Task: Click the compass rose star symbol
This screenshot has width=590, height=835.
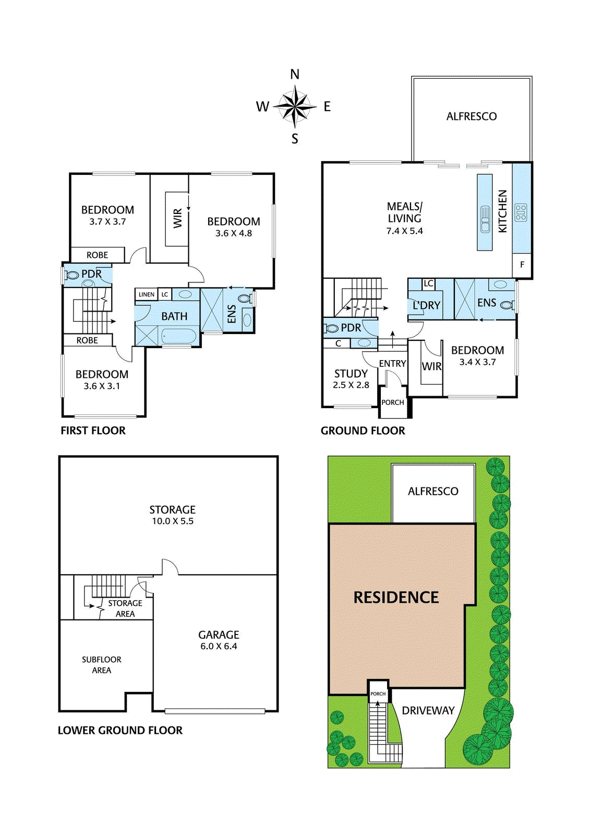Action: coord(295,106)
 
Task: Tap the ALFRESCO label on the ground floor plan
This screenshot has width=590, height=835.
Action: coord(471,116)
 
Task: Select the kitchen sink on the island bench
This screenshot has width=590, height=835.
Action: coord(485,219)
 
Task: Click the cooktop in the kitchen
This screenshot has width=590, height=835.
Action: coord(521,213)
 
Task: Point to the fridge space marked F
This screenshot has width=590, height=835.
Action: coord(522,265)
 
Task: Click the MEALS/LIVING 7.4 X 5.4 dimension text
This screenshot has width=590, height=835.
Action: coord(404,231)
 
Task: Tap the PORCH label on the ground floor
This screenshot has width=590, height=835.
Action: coord(393,402)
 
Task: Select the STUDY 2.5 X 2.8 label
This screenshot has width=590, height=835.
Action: coord(351,379)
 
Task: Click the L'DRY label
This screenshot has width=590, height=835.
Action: coord(426,305)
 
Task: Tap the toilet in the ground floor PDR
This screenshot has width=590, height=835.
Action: coord(332,328)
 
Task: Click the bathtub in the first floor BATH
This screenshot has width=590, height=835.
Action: coord(178,336)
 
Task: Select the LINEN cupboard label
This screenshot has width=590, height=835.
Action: coord(146,294)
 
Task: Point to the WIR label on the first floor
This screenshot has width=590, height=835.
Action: coord(178,218)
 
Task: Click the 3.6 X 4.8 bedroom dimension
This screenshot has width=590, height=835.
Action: coord(234,233)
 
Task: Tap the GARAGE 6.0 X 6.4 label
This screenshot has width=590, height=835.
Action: coord(219,640)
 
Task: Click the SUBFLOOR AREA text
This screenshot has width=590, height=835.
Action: coord(102,665)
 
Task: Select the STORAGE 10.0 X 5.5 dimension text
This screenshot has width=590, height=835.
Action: coord(172,521)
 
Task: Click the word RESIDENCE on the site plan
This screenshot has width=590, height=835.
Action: coord(396,598)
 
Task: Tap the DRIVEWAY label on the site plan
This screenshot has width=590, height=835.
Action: coord(428,710)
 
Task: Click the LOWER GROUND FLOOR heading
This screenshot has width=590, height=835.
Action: coord(120,731)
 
